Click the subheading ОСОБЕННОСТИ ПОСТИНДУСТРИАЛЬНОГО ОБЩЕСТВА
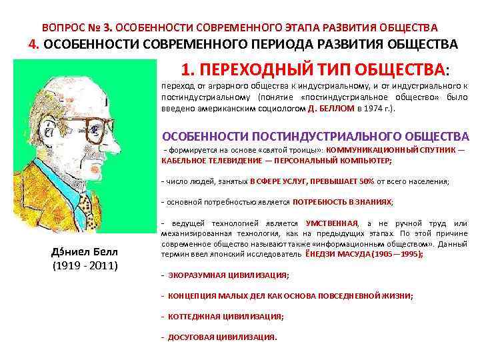(316, 135)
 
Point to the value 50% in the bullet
(367, 181)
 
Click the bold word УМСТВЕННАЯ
(332, 223)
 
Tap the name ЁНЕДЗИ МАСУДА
(339, 254)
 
